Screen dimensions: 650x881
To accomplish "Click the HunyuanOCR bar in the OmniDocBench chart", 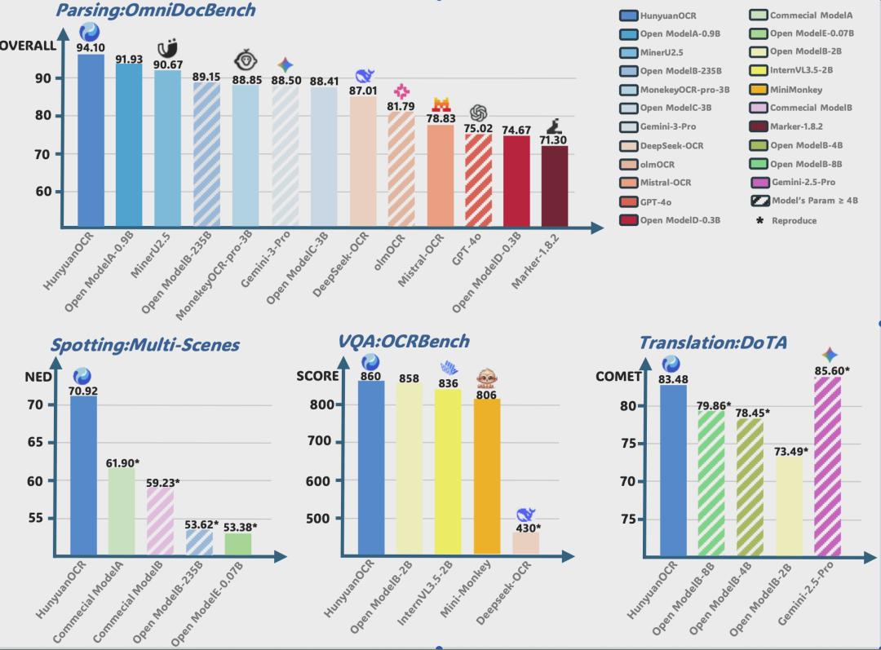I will click(x=91, y=139).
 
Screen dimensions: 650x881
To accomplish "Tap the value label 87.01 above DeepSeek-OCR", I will click(x=363, y=91).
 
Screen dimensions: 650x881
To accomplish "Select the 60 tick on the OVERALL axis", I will click(x=42, y=192).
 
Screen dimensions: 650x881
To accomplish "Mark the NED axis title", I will click(x=38, y=377).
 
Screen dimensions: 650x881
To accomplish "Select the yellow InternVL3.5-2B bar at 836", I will click(x=448, y=471).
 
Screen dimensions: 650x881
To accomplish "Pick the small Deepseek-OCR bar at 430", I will click(x=526, y=543).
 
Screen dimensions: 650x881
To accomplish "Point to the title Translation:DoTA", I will click(x=712, y=343).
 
